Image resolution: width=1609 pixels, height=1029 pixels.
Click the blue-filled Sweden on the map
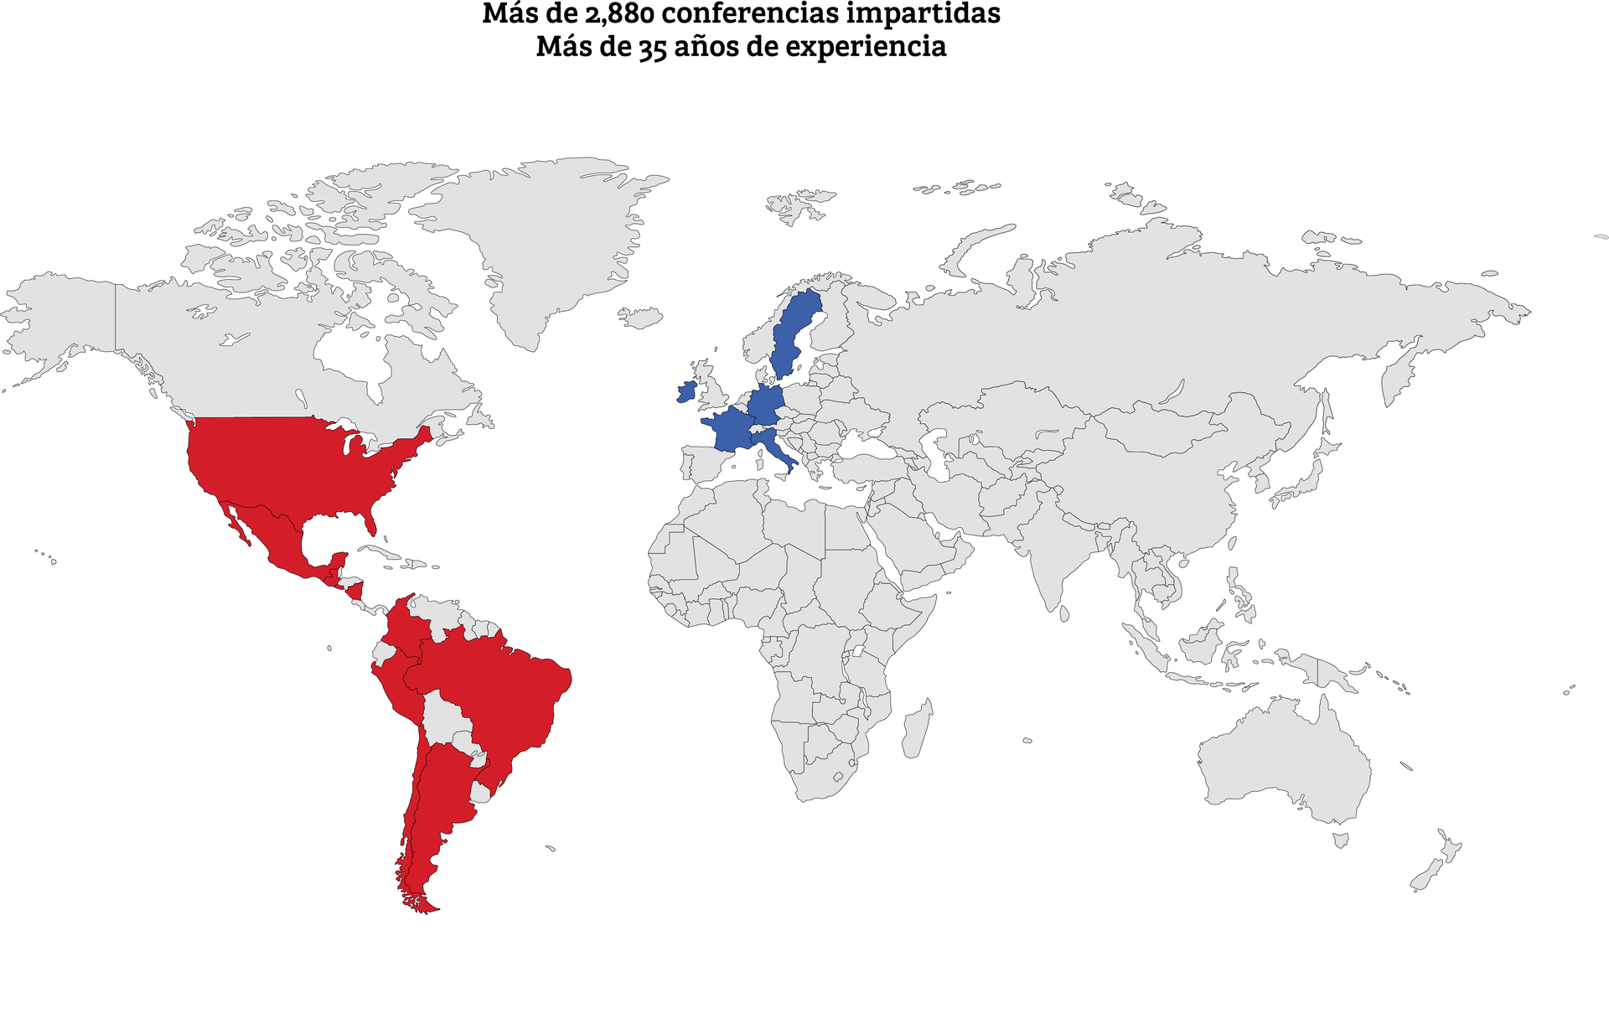[792, 335]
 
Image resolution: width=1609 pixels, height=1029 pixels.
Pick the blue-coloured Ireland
[686, 391]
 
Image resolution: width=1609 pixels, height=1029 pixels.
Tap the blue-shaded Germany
[767, 406]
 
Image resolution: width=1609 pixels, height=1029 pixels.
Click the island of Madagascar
[917, 729]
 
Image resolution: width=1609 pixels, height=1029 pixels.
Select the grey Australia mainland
[1282, 763]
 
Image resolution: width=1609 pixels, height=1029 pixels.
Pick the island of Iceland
[641, 318]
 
